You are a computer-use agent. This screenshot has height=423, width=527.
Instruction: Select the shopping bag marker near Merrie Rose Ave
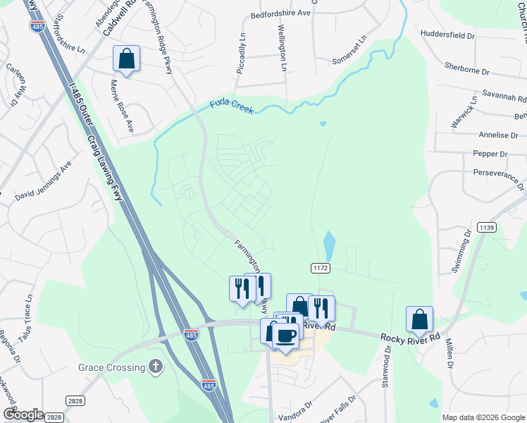(126, 59)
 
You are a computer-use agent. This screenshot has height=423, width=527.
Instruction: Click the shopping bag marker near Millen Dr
(419, 319)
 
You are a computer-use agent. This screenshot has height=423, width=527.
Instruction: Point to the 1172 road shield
(321, 268)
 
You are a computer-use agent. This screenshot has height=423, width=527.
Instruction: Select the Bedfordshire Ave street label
(280, 13)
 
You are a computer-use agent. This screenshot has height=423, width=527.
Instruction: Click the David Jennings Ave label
(44, 180)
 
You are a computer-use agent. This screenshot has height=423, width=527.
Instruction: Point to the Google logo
(23, 415)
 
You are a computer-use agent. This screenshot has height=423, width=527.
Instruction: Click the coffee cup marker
(285, 336)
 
